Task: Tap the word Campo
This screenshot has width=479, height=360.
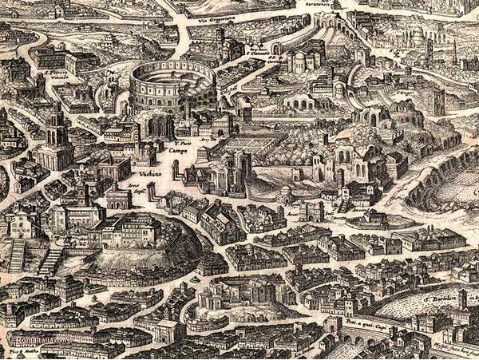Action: (x=178, y=149)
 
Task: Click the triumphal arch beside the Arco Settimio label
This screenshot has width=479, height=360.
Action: (x=119, y=198)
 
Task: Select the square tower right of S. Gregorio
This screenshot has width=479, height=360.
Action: (x=437, y=101)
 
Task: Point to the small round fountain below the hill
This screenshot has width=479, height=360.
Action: (x=195, y=281)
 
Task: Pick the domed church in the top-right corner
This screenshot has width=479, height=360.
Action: (x=416, y=37)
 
